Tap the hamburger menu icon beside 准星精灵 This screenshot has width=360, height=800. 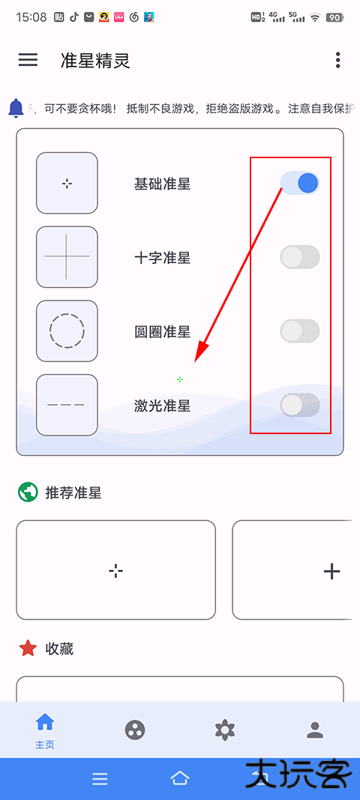[28, 60]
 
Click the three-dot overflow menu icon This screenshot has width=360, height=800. [338, 60]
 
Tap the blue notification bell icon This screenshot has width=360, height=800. [16, 108]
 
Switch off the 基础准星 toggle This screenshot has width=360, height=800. [300, 183]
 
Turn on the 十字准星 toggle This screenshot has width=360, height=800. [300, 257]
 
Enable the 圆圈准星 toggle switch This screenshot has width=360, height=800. [300, 331]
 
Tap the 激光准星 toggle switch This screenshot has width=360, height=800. [300, 405]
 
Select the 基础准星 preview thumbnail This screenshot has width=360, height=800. [67, 183]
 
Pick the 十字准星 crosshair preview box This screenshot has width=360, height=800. [67, 256]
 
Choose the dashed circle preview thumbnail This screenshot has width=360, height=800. [67, 331]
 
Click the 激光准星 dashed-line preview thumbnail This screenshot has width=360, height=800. [67, 405]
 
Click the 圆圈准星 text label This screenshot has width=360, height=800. [162, 331]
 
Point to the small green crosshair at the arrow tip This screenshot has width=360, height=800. [180, 379]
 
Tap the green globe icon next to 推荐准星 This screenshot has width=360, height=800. [28, 493]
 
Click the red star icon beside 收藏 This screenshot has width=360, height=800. [28, 649]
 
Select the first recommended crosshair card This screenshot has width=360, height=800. [115, 571]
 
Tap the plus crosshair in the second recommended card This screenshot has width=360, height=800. [331, 571]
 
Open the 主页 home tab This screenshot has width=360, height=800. [45, 730]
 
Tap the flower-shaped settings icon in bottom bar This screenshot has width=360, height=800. [225, 730]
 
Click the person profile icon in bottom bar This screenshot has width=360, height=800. [315, 730]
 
